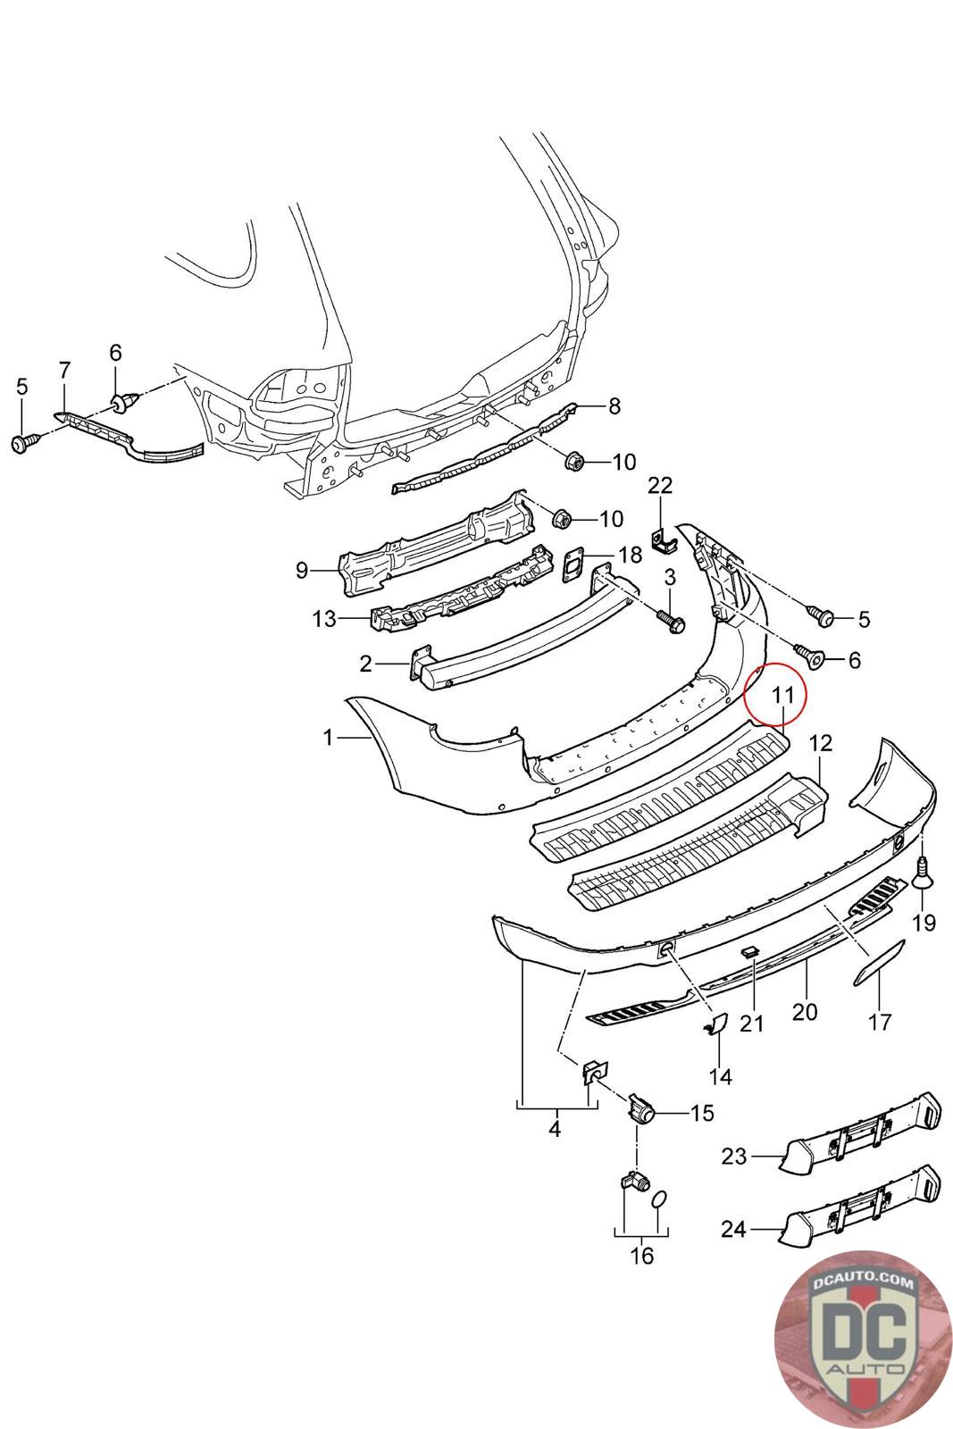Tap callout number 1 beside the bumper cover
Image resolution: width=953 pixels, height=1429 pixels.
click(328, 737)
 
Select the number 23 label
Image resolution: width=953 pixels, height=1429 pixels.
click(733, 1156)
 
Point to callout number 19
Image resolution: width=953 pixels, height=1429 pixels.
click(924, 922)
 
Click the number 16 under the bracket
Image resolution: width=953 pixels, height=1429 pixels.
click(641, 1255)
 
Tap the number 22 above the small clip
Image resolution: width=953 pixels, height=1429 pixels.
click(660, 486)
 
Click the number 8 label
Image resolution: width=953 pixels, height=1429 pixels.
click(614, 407)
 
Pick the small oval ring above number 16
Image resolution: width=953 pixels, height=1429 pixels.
click(659, 1199)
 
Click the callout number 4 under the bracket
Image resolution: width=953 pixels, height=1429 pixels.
click(555, 1129)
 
